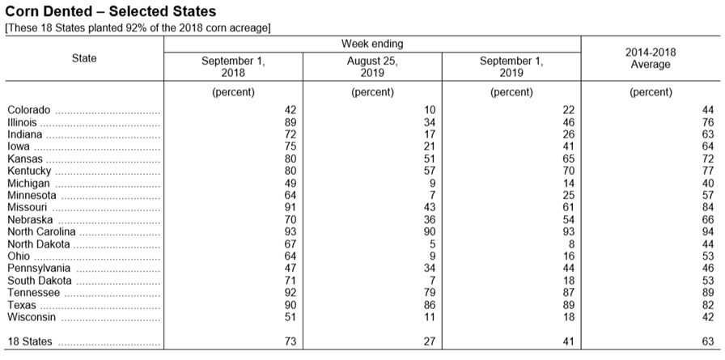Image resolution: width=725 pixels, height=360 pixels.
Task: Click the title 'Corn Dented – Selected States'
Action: coord(110,11)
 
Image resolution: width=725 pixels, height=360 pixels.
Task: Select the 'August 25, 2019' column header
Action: coord(372,67)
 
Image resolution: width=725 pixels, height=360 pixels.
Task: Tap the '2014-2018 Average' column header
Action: coord(651,58)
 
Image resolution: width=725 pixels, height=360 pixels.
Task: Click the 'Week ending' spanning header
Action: coord(372,44)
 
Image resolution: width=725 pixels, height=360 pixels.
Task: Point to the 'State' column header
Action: coord(84,58)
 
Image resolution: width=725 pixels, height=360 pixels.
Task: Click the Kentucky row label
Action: coord(29,171)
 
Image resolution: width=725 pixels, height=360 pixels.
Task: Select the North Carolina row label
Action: coord(41,231)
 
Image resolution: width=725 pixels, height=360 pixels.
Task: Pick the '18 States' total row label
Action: coord(30,341)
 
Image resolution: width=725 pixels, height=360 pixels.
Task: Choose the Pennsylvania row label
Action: coord(39,269)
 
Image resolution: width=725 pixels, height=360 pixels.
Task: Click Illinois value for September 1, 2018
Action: coord(290,122)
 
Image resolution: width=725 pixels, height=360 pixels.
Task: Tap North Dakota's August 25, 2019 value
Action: coord(432,244)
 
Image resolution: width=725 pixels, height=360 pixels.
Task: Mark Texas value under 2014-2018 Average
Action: coord(708,305)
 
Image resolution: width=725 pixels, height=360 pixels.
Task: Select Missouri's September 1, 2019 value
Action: coord(569,207)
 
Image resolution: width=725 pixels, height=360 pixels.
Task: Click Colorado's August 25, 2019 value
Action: coord(430,110)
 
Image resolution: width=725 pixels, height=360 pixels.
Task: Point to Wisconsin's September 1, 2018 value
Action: coord(290,317)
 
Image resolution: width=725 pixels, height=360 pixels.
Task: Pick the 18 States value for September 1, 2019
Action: coord(569,341)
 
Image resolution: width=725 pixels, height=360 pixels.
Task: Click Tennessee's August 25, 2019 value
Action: coord(430,293)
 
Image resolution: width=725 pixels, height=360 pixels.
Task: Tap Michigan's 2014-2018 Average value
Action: coord(708,183)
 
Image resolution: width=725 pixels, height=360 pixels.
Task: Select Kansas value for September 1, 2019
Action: coord(569,159)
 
